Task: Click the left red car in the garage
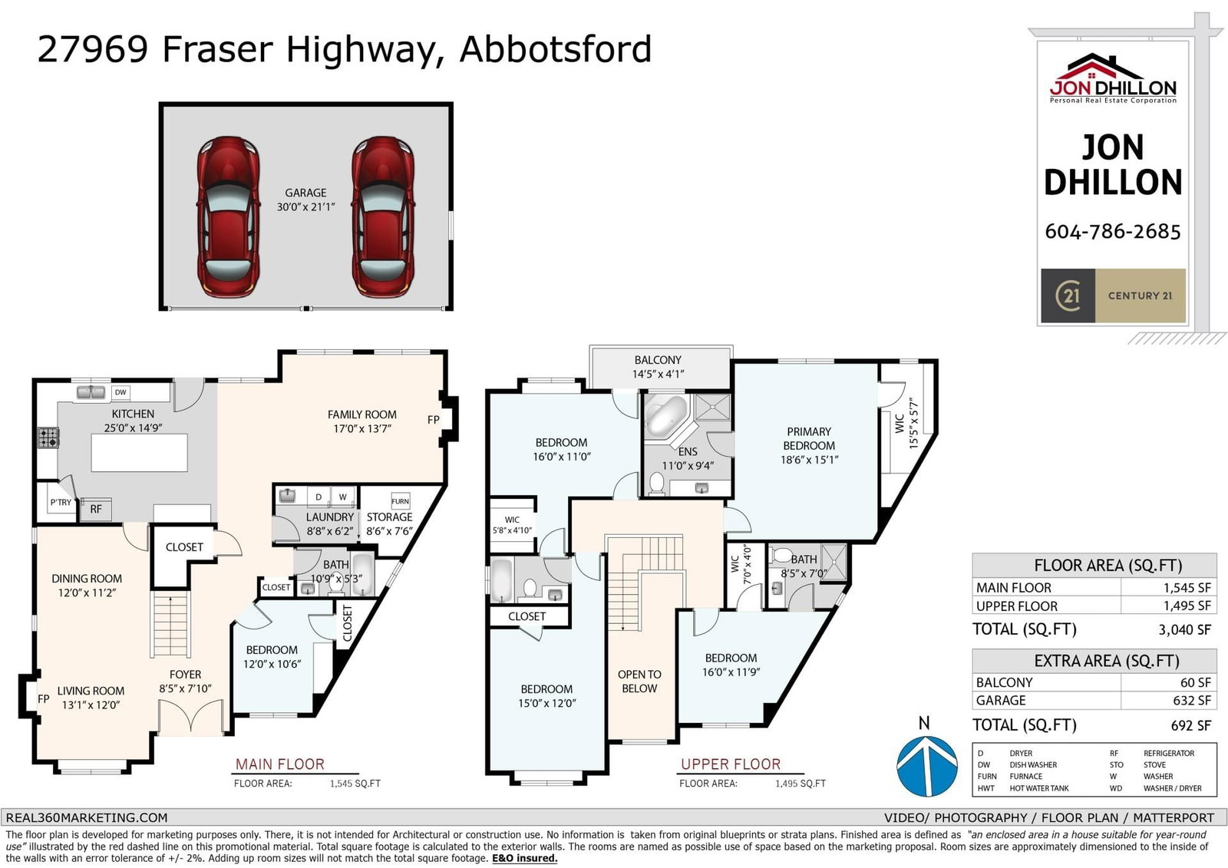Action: [x=228, y=216]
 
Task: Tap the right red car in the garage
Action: [x=383, y=216]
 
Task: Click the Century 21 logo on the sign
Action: [x=1113, y=295]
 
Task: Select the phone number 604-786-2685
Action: [x=1112, y=232]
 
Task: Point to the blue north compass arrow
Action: [x=927, y=765]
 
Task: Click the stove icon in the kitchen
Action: [x=48, y=437]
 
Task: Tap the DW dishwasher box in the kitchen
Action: [x=120, y=392]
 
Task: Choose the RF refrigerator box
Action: [x=96, y=510]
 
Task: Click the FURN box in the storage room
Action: [x=400, y=501]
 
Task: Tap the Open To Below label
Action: [x=639, y=681]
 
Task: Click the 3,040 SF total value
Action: [x=1184, y=629]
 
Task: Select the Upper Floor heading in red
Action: [x=730, y=764]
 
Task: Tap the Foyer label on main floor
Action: [x=185, y=674]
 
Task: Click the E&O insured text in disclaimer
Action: [x=524, y=858]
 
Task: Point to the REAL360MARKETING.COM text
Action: [x=87, y=817]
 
